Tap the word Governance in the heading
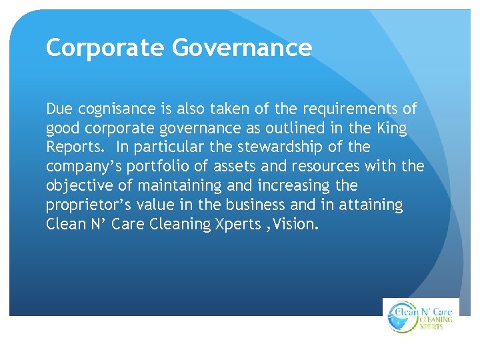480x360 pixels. [241, 48]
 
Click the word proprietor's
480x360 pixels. [91, 205]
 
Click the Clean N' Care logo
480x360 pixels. [421, 316]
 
